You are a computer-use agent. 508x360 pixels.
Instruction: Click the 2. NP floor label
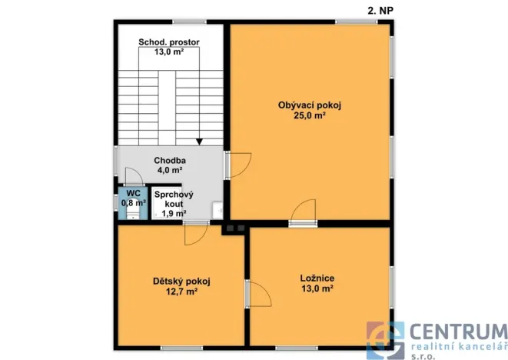(x=380, y=10)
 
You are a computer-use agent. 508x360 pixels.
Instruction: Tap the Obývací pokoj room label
(x=310, y=105)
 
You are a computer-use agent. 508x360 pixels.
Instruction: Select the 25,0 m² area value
(x=310, y=115)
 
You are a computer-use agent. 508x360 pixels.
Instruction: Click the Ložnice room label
(x=317, y=278)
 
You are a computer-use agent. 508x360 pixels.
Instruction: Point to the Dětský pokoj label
(x=181, y=281)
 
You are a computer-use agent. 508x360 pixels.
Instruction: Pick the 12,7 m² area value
(x=181, y=292)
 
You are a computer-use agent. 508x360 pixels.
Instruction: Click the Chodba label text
(x=170, y=160)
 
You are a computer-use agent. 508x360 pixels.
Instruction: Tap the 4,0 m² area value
(x=170, y=170)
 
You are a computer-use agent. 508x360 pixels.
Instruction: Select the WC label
(x=133, y=193)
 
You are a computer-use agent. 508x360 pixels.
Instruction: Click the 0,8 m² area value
(x=134, y=203)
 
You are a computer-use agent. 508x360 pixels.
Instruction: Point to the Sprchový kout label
(x=174, y=199)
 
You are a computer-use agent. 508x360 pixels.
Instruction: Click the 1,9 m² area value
(x=174, y=213)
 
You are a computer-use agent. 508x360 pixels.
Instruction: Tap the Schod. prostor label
(x=169, y=42)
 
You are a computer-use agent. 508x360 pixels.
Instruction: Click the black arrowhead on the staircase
(x=199, y=142)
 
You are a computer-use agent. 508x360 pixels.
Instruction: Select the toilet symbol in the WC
(x=132, y=213)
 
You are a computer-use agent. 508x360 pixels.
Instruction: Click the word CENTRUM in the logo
(x=459, y=332)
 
